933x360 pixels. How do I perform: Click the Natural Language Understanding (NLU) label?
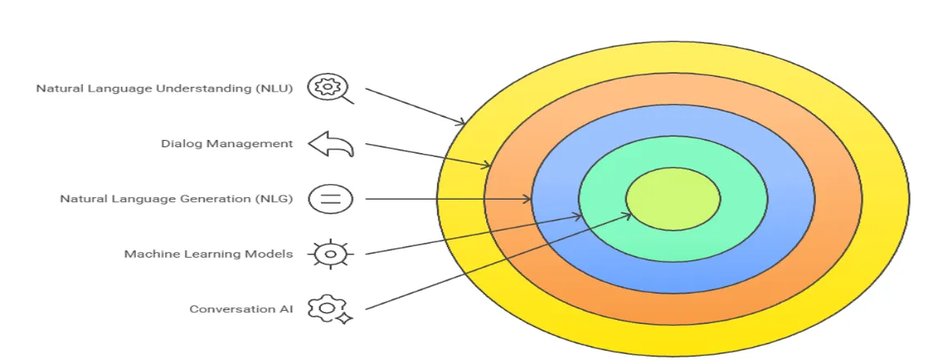coord(165,88)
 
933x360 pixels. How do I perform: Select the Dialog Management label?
coord(227,144)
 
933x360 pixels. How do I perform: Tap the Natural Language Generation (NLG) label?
coord(176,199)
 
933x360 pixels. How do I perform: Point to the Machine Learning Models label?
coord(209,254)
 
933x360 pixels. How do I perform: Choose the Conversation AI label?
coord(241,309)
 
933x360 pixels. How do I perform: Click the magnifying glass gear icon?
coord(330,88)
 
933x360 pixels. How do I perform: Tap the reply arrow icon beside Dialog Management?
coord(331,144)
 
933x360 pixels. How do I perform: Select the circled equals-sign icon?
coord(330,199)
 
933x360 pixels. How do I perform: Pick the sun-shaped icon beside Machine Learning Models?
coord(331,254)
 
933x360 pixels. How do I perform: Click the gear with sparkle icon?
coord(330,309)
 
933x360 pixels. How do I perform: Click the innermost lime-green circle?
coord(673,199)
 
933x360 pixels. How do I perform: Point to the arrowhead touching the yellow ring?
coord(463,123)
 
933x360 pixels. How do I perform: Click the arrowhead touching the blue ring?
coord(529,199)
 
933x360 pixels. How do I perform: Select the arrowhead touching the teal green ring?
coord(579,217)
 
